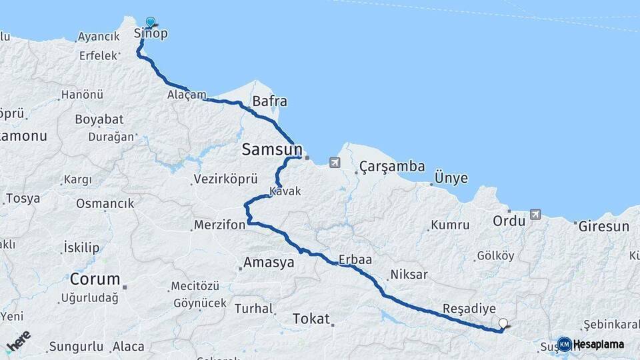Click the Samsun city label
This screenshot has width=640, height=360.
[271, 151]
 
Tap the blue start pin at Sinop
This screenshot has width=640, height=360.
[151, 23]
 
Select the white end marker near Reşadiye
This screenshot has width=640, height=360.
[503, 324]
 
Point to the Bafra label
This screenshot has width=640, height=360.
[269, 102]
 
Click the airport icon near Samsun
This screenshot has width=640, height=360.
[334, 163]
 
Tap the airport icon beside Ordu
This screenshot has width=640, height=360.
[535, 215]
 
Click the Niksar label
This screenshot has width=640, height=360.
[409, 274]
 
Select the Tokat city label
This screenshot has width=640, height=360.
[311, 319]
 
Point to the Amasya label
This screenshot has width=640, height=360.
[269, 263]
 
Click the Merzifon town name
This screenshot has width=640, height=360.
[221, 225]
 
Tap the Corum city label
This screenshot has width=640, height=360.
[95, 279]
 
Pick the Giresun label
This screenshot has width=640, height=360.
[603, 227]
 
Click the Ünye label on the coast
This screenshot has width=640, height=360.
[451, 179]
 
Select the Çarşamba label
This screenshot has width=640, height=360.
[392, 167]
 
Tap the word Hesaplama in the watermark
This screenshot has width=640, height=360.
[599, 344]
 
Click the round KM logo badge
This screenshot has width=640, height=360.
[565, 344]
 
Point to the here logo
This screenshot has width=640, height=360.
[19, 341]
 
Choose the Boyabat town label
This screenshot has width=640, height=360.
[99, 119]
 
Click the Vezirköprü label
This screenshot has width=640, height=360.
[225, 179]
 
